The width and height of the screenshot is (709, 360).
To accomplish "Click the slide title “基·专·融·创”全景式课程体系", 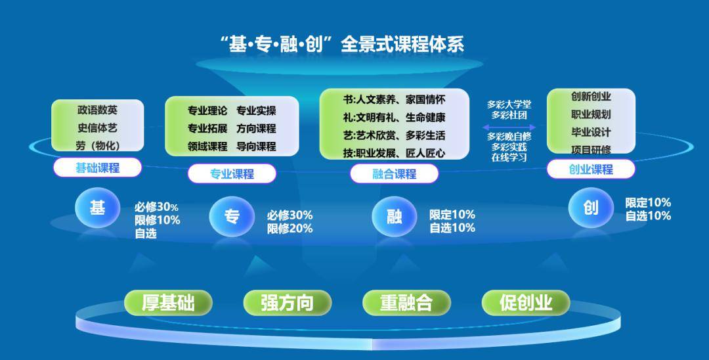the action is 342,44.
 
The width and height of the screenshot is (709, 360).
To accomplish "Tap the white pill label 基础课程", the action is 97,168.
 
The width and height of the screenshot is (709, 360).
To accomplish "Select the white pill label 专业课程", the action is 232,173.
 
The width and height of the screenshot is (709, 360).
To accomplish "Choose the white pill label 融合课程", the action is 395,173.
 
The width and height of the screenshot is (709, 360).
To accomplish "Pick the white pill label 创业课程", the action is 591,169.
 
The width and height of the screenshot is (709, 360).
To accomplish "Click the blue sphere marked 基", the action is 97,208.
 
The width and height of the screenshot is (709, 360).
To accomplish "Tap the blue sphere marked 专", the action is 232,216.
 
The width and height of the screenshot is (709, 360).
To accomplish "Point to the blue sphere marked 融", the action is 395,216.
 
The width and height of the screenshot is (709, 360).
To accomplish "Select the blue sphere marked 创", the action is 591,208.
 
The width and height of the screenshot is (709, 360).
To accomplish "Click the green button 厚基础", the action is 168,303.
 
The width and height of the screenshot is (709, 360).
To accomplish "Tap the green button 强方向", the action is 288,303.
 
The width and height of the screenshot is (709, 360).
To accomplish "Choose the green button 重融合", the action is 406,303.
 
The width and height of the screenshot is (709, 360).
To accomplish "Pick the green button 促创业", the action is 526,303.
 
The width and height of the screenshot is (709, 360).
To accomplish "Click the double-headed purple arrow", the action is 509,127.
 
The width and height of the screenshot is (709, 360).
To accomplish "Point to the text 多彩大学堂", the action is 509,104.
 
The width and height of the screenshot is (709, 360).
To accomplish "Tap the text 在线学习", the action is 509,158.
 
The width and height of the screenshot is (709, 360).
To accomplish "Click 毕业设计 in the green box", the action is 591,132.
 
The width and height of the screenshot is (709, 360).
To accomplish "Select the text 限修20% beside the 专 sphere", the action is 290,229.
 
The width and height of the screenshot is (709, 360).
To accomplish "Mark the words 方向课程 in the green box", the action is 256,129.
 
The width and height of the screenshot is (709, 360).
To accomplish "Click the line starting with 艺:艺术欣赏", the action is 394,135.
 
